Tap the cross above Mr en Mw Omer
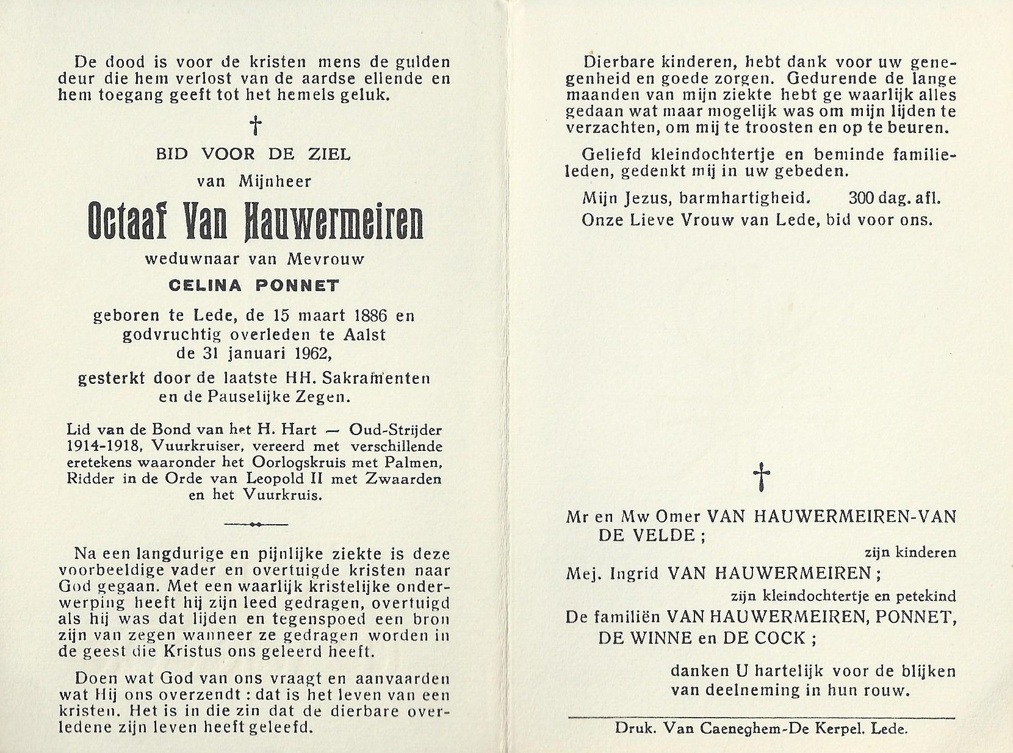pos(760,477)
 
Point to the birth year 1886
pos(371,316)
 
